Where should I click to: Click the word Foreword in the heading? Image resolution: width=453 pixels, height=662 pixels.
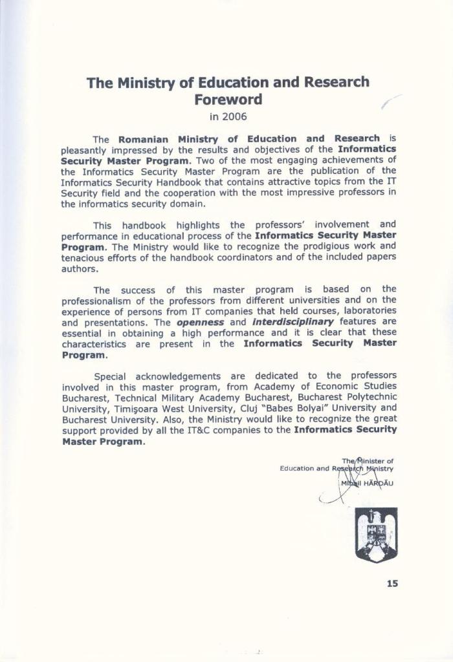click(228, 100)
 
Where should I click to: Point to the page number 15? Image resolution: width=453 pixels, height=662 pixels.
click(392, 583)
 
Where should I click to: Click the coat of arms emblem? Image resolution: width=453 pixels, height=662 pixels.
click(375, 534)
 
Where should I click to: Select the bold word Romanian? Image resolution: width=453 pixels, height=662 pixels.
click(143, 138)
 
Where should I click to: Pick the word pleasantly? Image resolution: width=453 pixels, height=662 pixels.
click(87, 149)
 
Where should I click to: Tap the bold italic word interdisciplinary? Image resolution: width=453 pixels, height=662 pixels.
click(293, 322)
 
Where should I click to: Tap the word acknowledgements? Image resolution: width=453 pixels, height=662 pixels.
click(181, 376)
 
